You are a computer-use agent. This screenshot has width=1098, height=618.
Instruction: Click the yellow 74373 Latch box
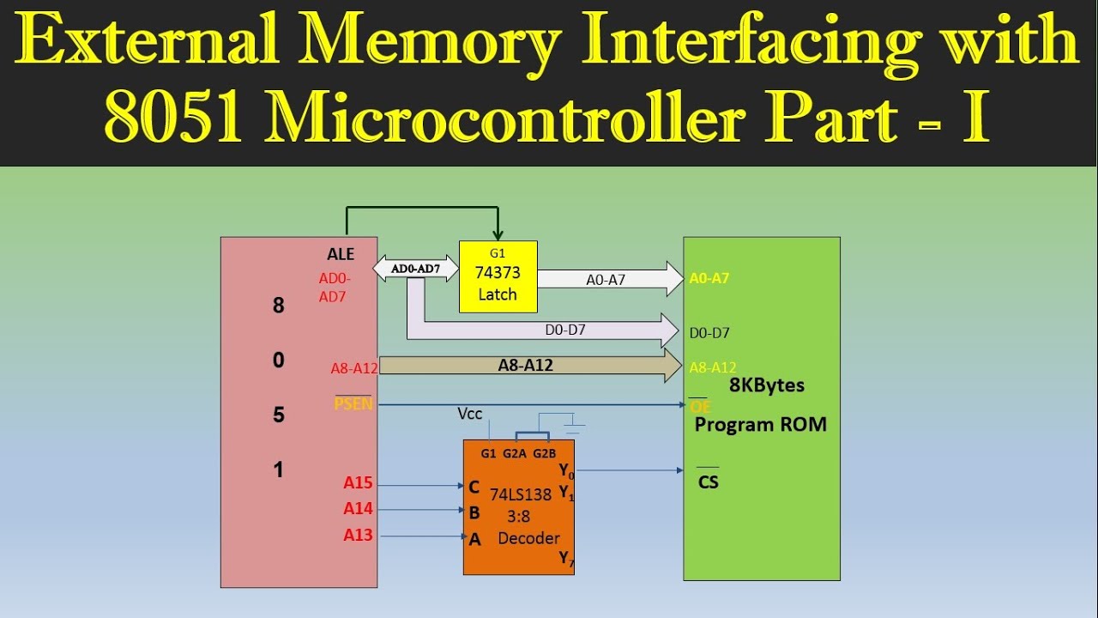click(498, 276)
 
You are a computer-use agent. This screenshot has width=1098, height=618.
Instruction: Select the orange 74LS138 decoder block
click(518, 506)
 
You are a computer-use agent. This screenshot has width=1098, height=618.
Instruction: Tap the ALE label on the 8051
click(341, 254)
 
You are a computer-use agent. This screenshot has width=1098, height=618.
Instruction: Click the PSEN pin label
click(353, 403)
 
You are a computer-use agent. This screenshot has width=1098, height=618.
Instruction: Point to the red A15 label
click(358, 484)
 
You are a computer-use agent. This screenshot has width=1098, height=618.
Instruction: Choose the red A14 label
click(358, 509)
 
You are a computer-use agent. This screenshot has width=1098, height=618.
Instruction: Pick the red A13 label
click(358, 536)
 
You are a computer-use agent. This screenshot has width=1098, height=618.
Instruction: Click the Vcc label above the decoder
click(470, 414)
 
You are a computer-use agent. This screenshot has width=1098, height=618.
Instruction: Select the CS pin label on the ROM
click(708, 482)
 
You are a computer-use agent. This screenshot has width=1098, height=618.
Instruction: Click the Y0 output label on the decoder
click(566, 470)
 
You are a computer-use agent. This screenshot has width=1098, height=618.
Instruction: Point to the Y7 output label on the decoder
click(566, 559)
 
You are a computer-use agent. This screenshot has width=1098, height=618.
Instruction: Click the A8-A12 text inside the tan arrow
click(525, 365)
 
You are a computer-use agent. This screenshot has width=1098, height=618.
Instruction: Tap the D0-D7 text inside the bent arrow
click(565, 329)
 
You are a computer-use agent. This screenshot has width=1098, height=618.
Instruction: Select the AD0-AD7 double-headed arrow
click(415, 268)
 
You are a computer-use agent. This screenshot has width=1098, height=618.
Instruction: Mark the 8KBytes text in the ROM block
click(766, 385)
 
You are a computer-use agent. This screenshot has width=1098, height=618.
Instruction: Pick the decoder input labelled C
click(474, 488)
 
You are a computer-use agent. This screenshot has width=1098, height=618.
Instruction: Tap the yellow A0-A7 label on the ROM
click(709, 278)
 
